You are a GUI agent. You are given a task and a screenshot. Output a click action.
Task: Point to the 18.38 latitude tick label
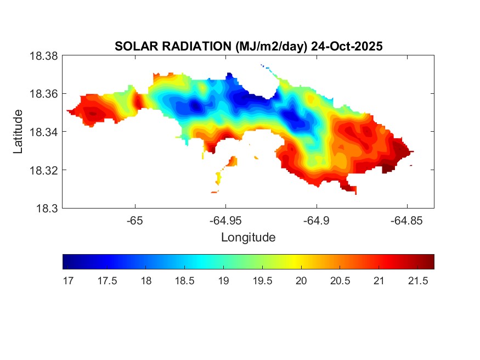[44, 56]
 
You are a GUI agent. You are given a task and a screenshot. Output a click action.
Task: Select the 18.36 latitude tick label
[44, 94]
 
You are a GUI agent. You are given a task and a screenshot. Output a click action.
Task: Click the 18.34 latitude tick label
[44, 132]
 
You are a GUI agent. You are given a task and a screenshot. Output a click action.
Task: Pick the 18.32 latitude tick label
[44, 170]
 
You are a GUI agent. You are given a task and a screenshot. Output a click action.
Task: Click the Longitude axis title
[248, 238]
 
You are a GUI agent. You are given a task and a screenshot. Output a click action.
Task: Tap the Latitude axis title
[19, 132]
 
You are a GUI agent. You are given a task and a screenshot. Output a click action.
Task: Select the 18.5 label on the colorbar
[184, 281]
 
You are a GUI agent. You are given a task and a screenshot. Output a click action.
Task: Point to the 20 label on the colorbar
[301, 281]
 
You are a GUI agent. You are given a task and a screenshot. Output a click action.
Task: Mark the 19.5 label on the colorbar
[262, 281]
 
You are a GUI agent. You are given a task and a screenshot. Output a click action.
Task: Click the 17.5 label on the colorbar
[106, 281]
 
